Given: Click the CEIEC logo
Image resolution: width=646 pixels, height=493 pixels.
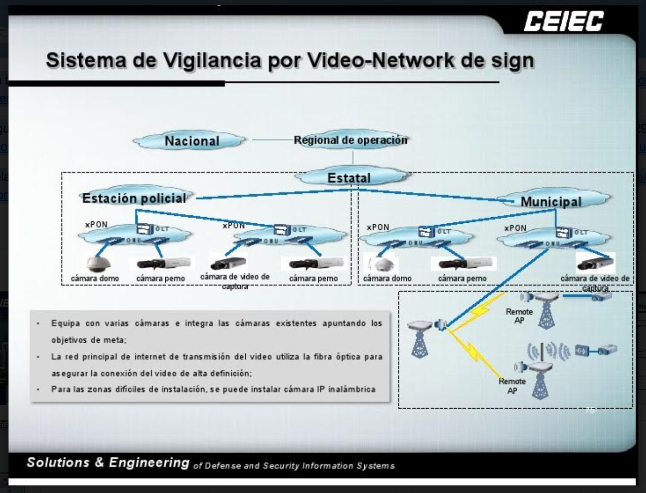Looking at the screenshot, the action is pos(563,21).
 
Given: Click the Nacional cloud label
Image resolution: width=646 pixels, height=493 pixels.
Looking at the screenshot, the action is pos(191,141).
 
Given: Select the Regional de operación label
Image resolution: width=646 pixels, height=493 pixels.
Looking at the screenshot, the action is pos(350,140).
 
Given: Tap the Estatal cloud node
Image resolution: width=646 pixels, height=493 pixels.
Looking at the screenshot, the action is pos(349,178).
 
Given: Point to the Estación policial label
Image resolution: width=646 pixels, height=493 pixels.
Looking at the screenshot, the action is pos(134,198).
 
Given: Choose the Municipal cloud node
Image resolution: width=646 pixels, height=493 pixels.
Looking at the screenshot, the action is pos(551,201).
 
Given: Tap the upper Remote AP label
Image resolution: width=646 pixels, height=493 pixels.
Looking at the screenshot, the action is pos(519,316).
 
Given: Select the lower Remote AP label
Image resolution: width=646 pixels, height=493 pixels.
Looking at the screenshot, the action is pos(512,386).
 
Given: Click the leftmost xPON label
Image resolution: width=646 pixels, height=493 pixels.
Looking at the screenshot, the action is pos(96,224).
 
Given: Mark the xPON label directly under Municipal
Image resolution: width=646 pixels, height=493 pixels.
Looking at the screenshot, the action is pos(515,228).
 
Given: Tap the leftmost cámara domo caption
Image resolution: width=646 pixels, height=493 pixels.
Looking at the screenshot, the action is pos(95,278).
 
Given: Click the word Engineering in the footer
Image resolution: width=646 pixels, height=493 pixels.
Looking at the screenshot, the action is pos(149,462).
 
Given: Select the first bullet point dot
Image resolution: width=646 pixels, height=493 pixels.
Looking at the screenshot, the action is pos(38,323).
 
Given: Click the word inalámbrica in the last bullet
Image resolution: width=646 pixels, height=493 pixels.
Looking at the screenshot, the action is pos(351,389).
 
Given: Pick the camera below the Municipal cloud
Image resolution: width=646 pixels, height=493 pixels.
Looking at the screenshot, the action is pos(595,263).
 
